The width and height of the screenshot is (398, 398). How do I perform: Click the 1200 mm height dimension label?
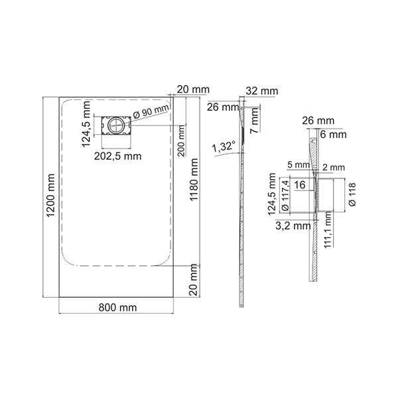pyautogui.click(x=51, y=196)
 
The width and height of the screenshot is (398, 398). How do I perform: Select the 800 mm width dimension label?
pyautogui.click(x=117, y=308)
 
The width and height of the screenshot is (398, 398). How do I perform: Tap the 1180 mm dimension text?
pyautogui.click(x=194, y=180)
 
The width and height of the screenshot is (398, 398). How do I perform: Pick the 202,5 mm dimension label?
pyautogui.click(x=118, y=156)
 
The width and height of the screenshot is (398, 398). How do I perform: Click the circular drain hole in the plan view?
pyautogui.click(x=116, y=125)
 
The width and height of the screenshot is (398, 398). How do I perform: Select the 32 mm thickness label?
pyautogui.click(x=262, y=91)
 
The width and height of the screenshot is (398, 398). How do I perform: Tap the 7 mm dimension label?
pyautogui.click(x=255, y=120)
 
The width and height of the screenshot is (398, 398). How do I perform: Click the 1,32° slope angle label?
pyautogui.click(x=224, y=147)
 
